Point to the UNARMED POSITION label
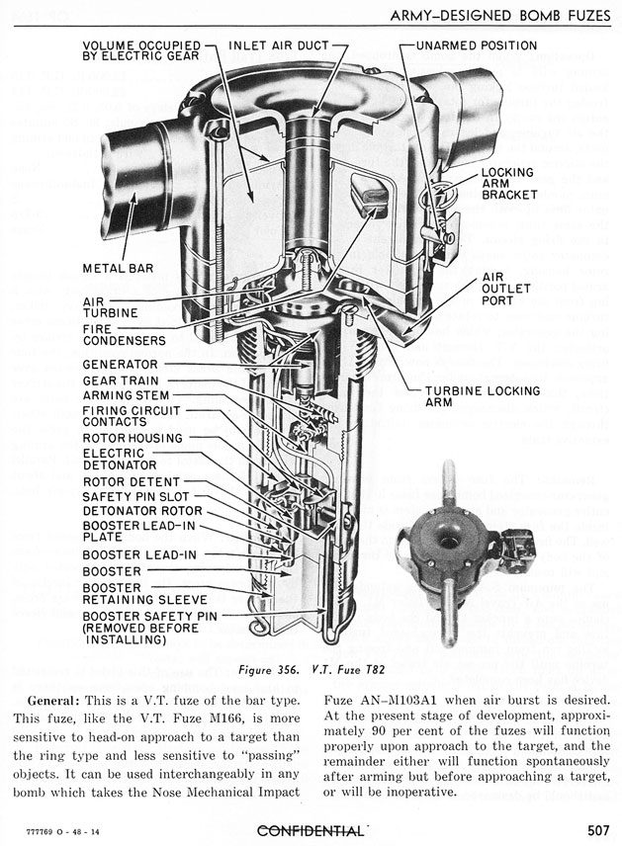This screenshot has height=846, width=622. [477, 45]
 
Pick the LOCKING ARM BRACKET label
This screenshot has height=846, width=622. [508, 183]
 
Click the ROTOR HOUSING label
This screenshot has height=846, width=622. [133, 438]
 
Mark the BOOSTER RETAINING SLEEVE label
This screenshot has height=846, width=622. [144, 593]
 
